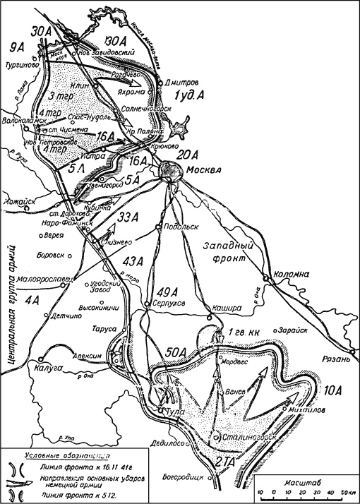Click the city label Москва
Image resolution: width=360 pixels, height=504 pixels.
[x=205, y=170]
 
